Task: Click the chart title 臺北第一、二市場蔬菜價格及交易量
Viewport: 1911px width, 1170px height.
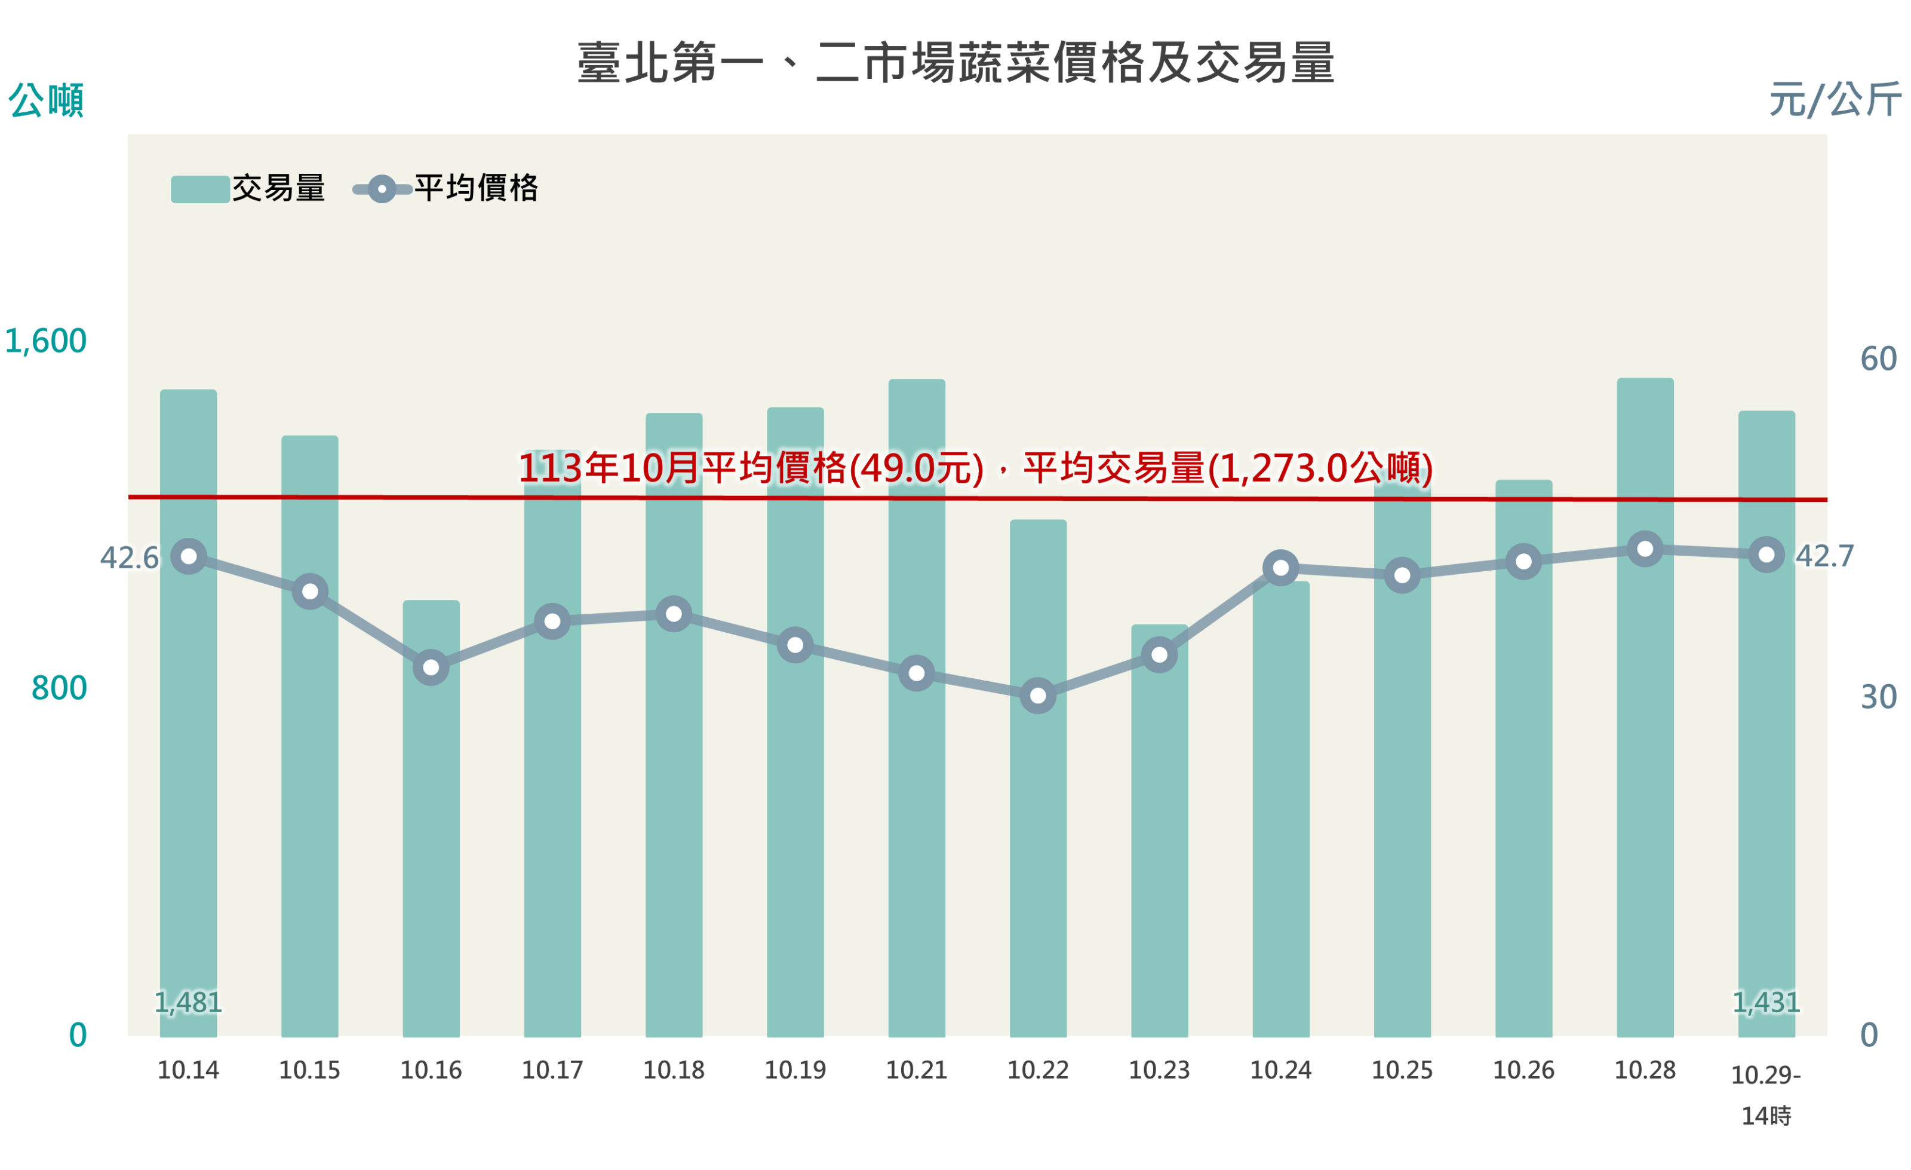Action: click(955, 63)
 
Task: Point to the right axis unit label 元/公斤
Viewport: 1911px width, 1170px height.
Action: click(1834, 100)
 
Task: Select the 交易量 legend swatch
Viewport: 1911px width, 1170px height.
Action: click(199, 189)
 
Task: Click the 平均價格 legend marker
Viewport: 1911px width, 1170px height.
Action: click(382, 189)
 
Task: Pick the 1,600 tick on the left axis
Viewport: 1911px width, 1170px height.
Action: click(46, 341)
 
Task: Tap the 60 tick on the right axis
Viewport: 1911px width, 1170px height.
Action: click(1878, 359)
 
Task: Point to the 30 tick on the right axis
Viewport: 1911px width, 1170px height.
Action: click(1878, 697)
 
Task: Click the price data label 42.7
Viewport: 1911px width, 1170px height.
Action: click(1825, 556)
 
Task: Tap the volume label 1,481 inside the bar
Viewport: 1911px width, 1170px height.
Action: click(189, 1003)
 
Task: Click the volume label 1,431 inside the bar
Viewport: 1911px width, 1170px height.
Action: click(1766, 1003)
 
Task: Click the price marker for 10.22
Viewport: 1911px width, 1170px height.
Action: click(1038, 695)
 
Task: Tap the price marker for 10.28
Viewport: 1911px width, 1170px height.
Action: click(1645, 549)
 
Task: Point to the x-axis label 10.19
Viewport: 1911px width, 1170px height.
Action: click(795, 1070)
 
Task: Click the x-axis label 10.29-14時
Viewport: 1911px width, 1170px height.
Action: click(1766, 1094)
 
